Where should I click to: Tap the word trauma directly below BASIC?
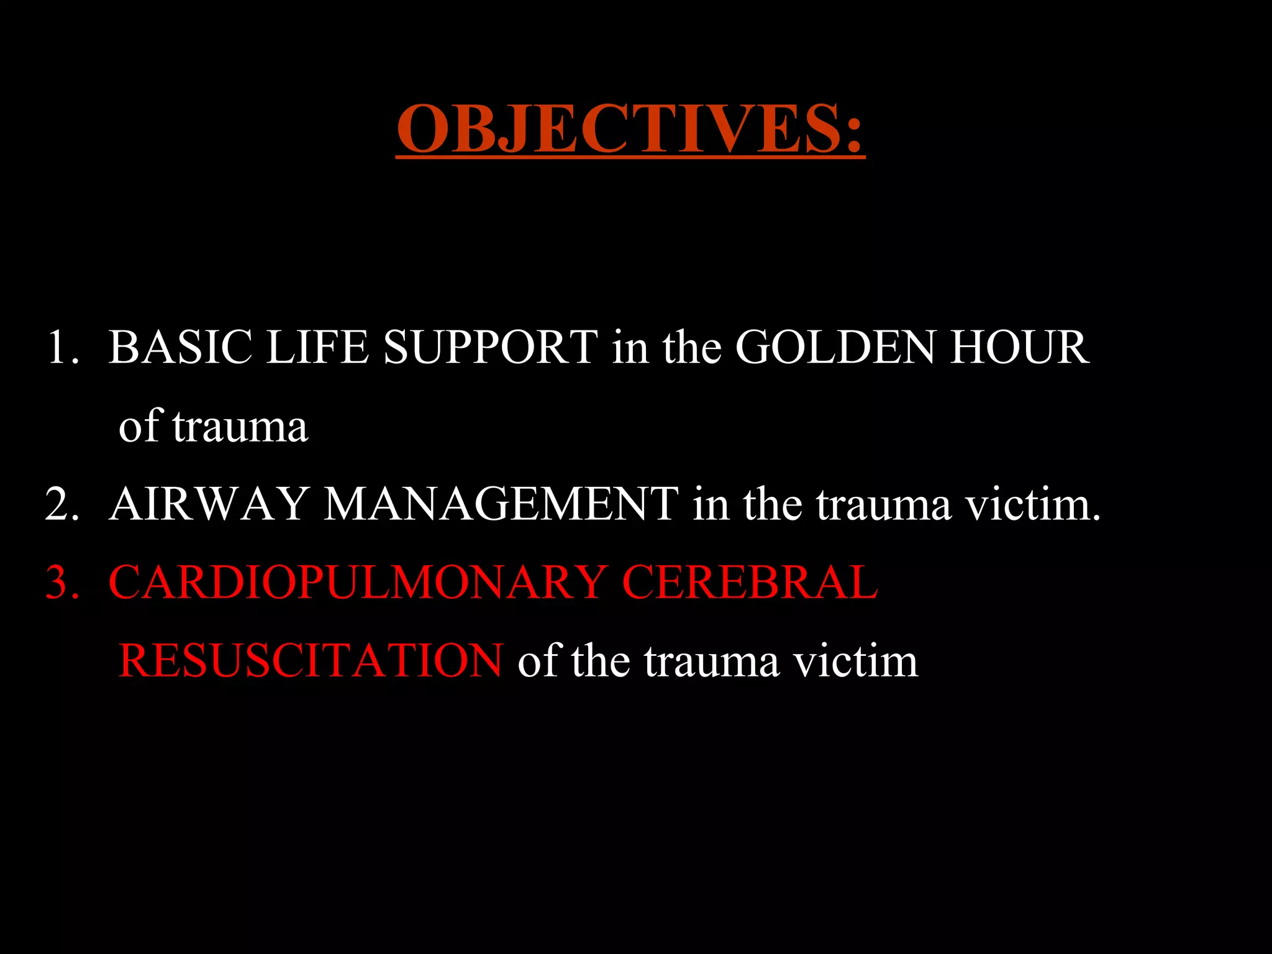[x=240, y=427]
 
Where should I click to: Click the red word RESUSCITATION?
[x=311, y=661]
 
